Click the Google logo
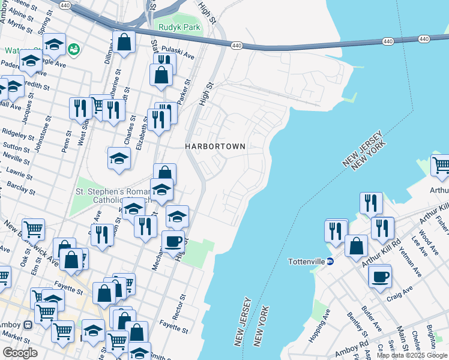coord(20,353)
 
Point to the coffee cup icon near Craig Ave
coord(381,278)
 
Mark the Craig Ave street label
coord(400,290)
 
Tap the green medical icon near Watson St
coord(74,49)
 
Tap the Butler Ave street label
coord(372,319)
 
